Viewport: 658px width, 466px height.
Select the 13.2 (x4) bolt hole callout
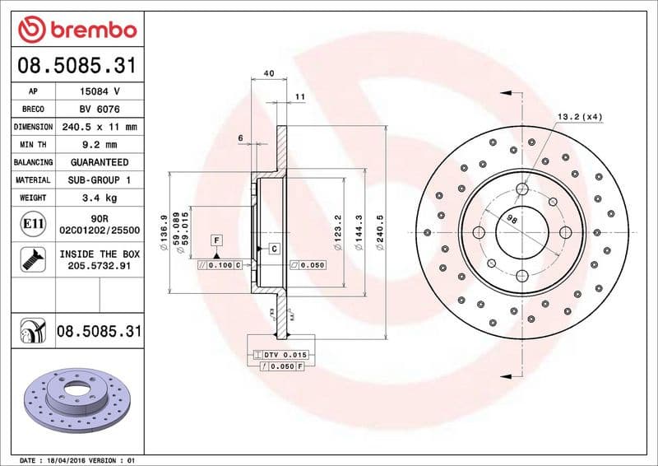pyautogui.click(x=580, y=116)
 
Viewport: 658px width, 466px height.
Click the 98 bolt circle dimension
pyautogui.click(x=511, y=220)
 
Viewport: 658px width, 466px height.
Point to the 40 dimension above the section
pyautogui.click(x=268, y=73)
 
